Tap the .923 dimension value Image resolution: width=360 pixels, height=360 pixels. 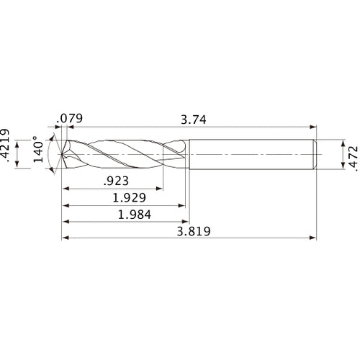(113, 181)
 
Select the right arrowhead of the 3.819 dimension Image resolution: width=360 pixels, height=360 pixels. (313, 238)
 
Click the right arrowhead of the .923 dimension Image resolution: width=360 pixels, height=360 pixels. (161, 189)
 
